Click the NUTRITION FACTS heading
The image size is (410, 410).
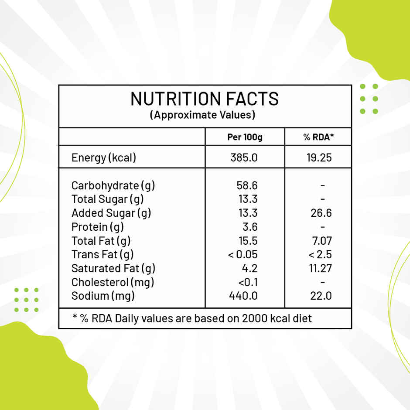[x=205, y=99]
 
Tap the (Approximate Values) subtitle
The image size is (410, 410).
[x=202, y=115]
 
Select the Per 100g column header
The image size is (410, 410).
[x=245, y=137]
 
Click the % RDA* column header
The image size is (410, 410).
[x=319, y=137]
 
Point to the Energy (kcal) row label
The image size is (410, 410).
[x=104, y=157]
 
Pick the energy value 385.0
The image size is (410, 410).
[x=244, y=157]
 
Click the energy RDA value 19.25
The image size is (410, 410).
[x=319, y=157]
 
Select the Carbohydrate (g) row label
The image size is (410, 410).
[x=113, y=185]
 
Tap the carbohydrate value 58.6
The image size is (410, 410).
[x=247, y=185]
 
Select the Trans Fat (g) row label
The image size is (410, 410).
[x=102, y=254]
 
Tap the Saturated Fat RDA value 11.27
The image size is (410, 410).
[x=321, y=268]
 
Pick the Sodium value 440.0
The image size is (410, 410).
[x=243, y=296]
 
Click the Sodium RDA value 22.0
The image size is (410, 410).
[x=321, y=296]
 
